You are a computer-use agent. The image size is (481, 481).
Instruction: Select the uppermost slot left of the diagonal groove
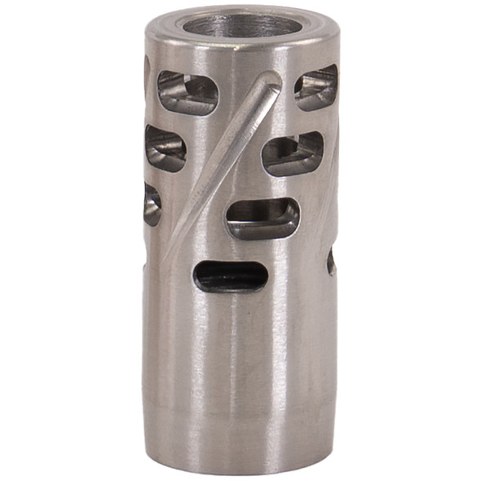tap(188, 92)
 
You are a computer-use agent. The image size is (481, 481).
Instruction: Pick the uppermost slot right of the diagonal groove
tap(316, 87)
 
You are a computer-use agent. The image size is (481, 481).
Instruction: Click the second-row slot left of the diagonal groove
tap(165, 148)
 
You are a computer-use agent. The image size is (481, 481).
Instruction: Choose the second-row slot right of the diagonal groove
tap(292, 153)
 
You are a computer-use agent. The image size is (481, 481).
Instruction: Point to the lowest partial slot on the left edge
tap(152, 204)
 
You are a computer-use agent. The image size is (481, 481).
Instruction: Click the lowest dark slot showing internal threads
tap(231, 276)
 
